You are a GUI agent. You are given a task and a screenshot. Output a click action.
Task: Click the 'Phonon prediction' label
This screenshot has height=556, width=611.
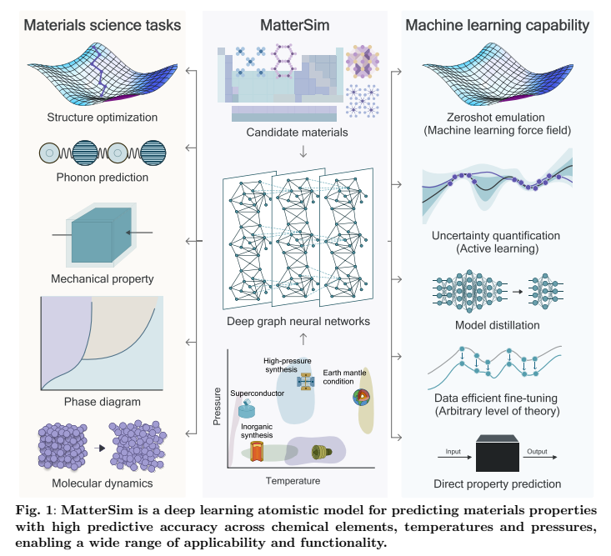pyautogui.click(x=102, y=178)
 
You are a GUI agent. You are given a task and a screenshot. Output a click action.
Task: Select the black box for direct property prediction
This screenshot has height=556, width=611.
pyautogui.click(x=498, y=453)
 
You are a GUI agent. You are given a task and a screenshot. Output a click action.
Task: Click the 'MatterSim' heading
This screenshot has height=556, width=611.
pyautogui.click(x=294, y=25)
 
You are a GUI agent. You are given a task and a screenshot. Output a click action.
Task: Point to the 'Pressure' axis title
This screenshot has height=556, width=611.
pyautogui.click(x=217, y=406)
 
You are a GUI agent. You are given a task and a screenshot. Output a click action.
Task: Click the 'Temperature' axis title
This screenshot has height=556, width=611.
pyautogui.click(x=293, y=481)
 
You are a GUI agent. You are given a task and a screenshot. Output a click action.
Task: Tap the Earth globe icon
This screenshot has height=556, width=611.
pyautogui.click(x=361, y=397)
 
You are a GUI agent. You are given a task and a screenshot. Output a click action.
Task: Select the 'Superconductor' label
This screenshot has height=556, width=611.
pyautogui.click(x=258, y=393)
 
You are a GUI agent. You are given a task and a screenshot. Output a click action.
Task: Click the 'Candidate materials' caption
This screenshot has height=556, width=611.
pyautogui.click(x=297, y=133)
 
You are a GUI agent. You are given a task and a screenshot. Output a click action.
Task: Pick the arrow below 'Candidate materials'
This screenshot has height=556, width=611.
pyautogui.click(x=303, y=151)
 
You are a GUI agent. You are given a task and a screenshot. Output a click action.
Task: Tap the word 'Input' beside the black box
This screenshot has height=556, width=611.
pyautogui.click(x=453, y=452)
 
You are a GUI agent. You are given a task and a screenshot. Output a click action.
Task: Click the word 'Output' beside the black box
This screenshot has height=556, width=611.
pyautogui.click(x=537, y=451)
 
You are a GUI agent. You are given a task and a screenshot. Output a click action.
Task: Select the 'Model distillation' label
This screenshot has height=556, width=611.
pyautogui.click(x=497, y=325)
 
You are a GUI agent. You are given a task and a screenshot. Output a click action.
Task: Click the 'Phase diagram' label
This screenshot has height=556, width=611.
pyautogui.click(x=102, y=402)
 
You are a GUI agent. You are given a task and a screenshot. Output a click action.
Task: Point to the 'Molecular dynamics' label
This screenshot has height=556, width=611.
pyautogui.click(x=102, y=483)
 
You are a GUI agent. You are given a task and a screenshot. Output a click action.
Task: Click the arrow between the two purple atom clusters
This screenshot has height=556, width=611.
pyautogui.click(x=100, y=448)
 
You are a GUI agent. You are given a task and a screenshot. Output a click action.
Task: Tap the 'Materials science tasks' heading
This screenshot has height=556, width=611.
pyautogui.click(x=102, y=25)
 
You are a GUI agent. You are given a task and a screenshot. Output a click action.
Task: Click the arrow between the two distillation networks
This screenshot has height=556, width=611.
pyautogui.click(x=518, y=292)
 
